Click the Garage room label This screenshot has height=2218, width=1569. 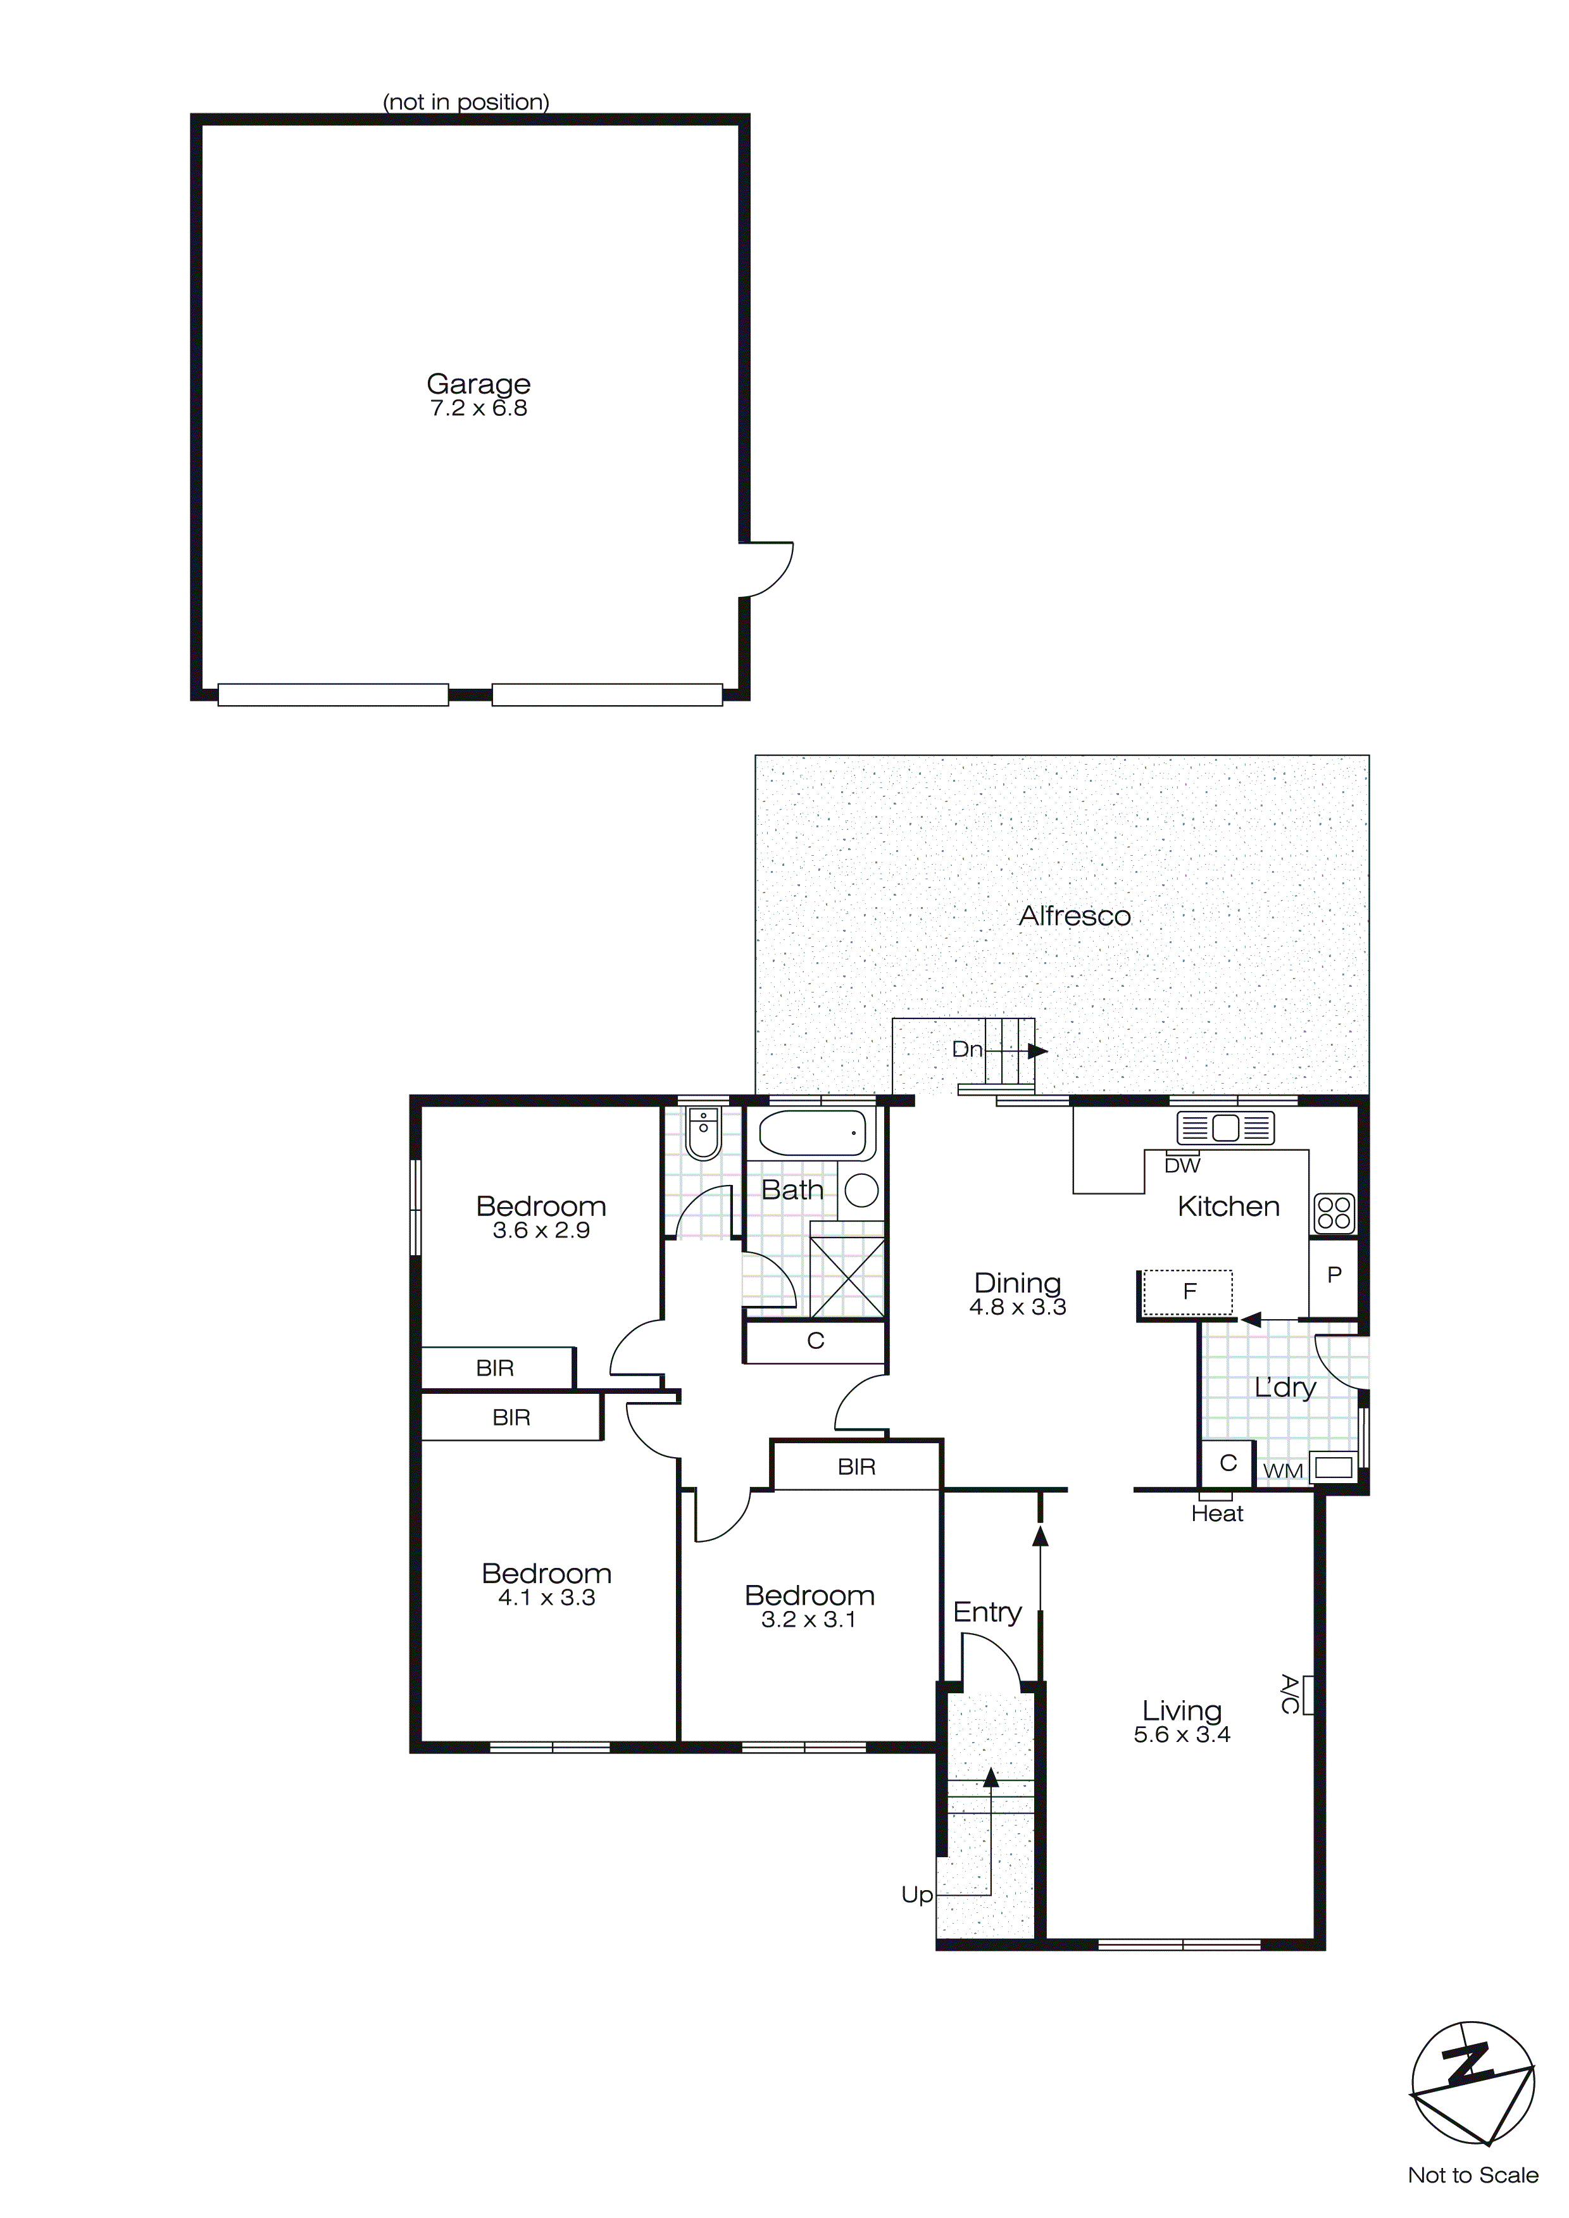pyautogui.click(x=478, y=384)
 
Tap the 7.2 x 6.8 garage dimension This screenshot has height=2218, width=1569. pyautogui.click(x=478, y=409)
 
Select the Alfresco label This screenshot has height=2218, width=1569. pyautogui.click(x=1074, y=916)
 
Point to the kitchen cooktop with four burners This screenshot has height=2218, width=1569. pyautogui.click(x=1334, y=1212)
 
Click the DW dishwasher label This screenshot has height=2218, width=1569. pyautogui.click(x=1182, y=1166)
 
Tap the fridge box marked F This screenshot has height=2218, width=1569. pyautogui.click(x=1189, y=1291)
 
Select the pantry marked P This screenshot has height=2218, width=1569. pyautogui.click(x=1334, y=1275)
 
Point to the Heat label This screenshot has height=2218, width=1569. pyautogui.click(x=1216, y=1513)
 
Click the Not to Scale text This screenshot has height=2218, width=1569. pyautogui.click(x=1472, y=2176)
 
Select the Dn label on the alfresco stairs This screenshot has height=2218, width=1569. pyautogui.click(x=967, y=1050)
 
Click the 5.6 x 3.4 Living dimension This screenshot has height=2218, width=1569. pyautogui.click(x=1182, y=1735)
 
